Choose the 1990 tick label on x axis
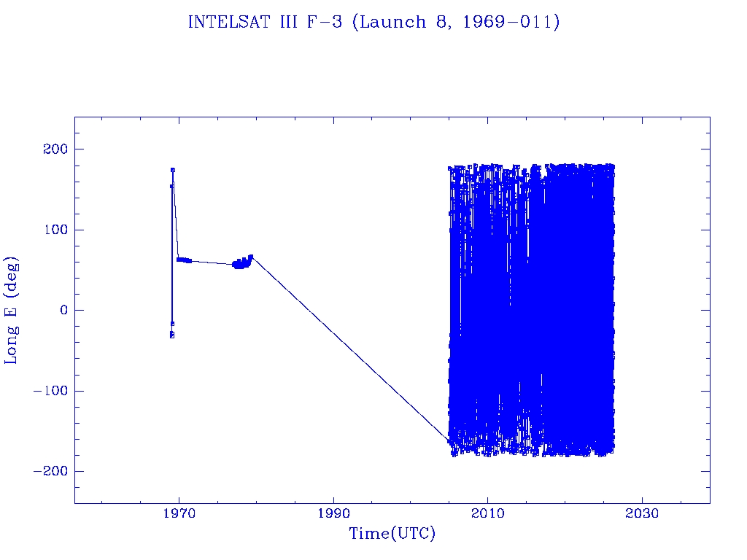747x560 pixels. click(x=333, y=513)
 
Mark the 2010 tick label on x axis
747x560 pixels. click(x=487, y=513)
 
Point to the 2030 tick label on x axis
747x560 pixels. click(x=642, y=513)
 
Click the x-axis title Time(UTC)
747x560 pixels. click(x=392, y=534)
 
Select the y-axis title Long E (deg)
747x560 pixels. click(x=12, y=310)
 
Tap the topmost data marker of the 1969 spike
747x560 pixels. click(x=173, y=170)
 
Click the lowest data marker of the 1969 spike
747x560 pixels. click(x=172, y=335)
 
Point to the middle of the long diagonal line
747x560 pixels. click(x=350, y=348)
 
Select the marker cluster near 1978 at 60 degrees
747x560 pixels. click(x=240, y=263)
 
